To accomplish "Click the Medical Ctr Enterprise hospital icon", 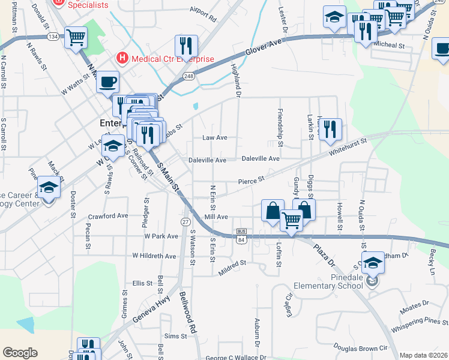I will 122,58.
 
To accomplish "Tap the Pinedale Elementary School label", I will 331,281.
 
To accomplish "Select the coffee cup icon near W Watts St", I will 107,81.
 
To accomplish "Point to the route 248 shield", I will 189,77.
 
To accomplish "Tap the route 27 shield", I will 185,222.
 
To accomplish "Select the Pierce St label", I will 251,180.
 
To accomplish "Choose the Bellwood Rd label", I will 188,312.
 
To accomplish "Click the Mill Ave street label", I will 216,217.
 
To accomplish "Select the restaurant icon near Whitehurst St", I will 330,128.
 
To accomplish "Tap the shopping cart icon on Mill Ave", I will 292,221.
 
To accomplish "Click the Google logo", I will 20,352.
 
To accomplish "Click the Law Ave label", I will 214,137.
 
